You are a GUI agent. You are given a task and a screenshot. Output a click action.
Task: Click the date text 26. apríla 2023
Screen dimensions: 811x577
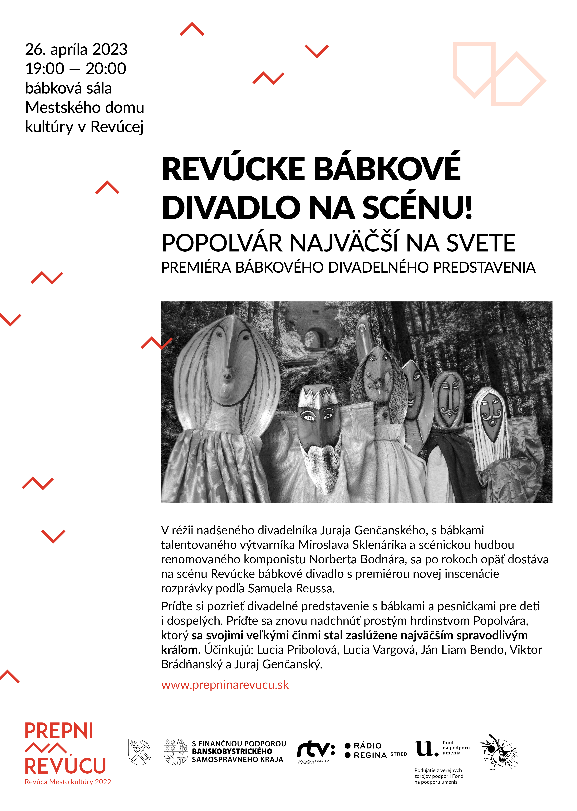(x=76, y=49)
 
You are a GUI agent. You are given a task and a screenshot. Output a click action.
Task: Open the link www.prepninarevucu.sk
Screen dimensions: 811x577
(x=225, y=684)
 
